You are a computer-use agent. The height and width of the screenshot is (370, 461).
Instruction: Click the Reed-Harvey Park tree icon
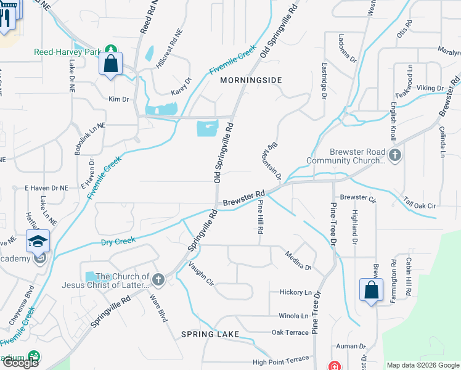pyautogui.click(x=110, y=49)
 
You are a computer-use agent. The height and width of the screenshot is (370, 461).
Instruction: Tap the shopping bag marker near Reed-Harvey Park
pyautogui.click(x=110, y=64)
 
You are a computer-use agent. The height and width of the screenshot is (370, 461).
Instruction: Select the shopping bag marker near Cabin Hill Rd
pyautogui.click(x=370, y=290)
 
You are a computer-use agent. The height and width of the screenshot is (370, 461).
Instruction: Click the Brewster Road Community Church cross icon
pyautogui.click(x=395, y=155)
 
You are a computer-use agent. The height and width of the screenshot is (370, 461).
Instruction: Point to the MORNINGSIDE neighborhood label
pyautogui.click(x=251, y=80)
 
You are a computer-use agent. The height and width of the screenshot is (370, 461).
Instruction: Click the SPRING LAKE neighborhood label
pyautogui.click(x=206, y=334)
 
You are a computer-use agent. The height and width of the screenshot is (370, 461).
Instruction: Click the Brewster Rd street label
pyautogui.click(x=243, y=198)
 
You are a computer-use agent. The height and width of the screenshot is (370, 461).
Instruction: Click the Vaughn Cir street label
pyautogui.click(x=201, y=273)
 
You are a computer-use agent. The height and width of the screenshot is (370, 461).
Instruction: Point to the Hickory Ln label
pyautogui.click(x=296, y=292)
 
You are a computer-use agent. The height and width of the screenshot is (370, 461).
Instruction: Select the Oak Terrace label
pyautogui.click(x=290, y=332)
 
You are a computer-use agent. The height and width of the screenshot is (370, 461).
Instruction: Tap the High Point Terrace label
pyautogui.click(x=280, y=359)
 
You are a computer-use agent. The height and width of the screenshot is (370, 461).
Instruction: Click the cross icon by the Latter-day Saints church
pyautogui.click(x=158, y=281)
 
